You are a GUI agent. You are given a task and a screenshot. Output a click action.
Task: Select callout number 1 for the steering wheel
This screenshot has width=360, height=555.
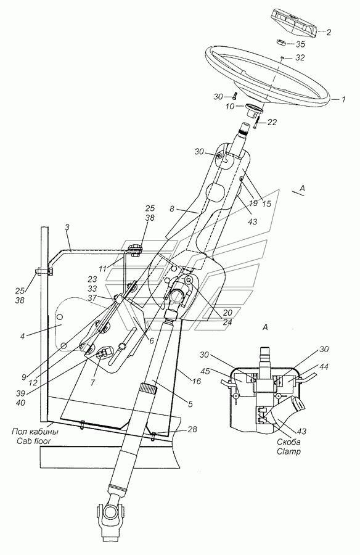click(x=343, y=99)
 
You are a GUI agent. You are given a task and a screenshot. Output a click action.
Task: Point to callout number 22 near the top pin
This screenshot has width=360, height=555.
click(x=272, y=122)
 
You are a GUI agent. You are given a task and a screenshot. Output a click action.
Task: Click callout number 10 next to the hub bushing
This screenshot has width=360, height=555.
click(x=231, y=106)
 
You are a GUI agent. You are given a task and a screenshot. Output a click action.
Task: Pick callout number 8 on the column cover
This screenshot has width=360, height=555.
click(x=172, y=209)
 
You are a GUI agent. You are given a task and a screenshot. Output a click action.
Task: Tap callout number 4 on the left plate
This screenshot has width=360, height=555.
click(x=23, y=337)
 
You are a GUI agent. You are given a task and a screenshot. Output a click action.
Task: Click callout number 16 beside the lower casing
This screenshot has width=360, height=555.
click(x=197, y=381)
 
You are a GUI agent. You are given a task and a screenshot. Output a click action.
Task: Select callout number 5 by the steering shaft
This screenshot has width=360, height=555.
click(x=190, y=404)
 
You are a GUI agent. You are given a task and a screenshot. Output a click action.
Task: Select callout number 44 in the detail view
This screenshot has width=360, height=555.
click(x=324, y=368)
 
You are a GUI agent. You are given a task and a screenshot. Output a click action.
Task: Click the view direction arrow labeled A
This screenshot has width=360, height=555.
click(x=297, y=192)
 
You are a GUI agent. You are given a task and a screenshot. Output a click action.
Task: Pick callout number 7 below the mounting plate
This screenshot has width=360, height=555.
click(x=92, y=382)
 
